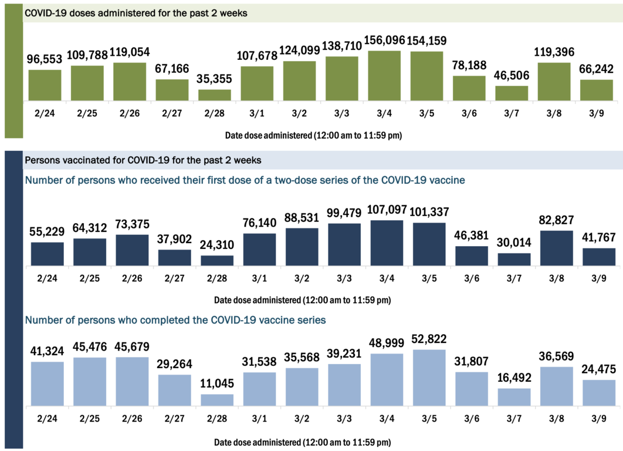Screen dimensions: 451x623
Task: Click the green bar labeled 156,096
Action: (384, 76)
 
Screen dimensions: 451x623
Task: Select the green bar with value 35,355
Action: (215, 95)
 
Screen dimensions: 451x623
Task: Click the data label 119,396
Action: (554, 52)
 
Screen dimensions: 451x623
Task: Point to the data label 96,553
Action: (45, 59)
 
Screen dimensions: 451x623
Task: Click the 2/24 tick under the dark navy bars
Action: (48, 279)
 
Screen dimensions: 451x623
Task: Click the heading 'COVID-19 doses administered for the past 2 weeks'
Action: (136, 14)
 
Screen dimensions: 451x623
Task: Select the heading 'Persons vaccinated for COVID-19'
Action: (143, 160)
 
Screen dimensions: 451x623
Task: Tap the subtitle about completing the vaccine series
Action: (175, 320)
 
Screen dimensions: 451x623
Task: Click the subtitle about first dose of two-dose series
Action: (245, 180)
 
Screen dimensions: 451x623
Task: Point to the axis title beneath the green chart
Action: (313, 135)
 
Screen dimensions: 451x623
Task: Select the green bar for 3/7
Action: (512, 93)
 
